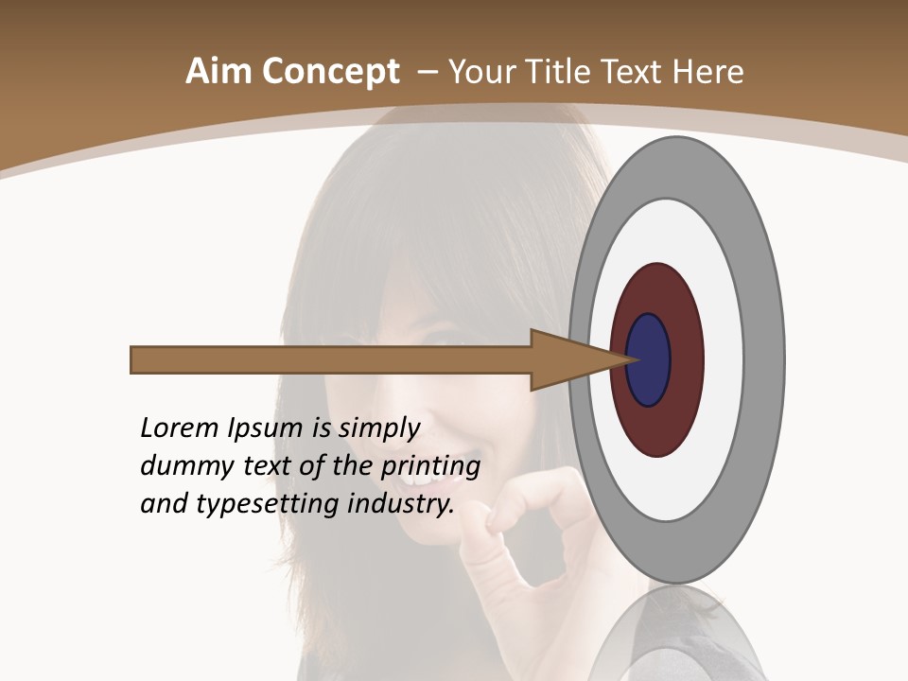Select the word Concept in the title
coord(330,73)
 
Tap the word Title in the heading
coord(562,72)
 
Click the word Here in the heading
coord(707,72)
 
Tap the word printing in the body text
coord(429,467)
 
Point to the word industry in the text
coord(401,504)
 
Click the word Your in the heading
coord(480,72)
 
